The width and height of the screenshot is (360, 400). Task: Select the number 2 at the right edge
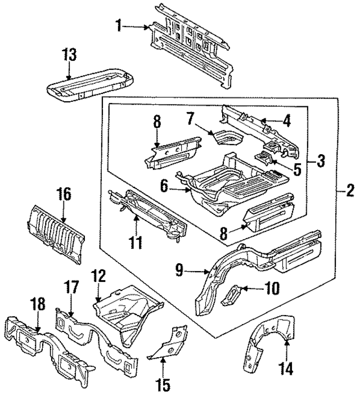point(350,192)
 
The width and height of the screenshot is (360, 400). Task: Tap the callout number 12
point(98,276)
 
